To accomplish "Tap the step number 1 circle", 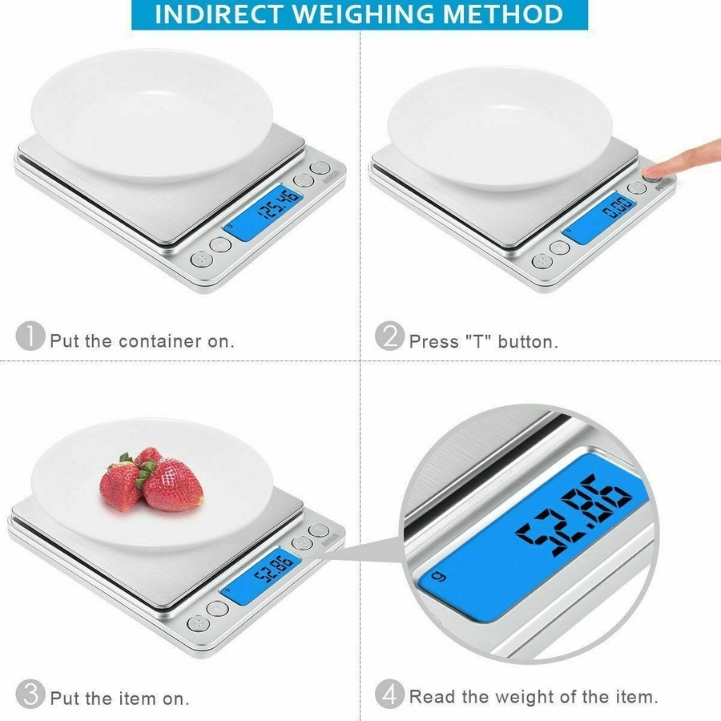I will click(x=30, y=336).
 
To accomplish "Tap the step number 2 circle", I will click(x=389, y=336).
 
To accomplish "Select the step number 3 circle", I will click(x=30, y=694).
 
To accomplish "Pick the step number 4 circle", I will click(x=389, y=694).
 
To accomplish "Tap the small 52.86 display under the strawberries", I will click(x=272, y=571).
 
